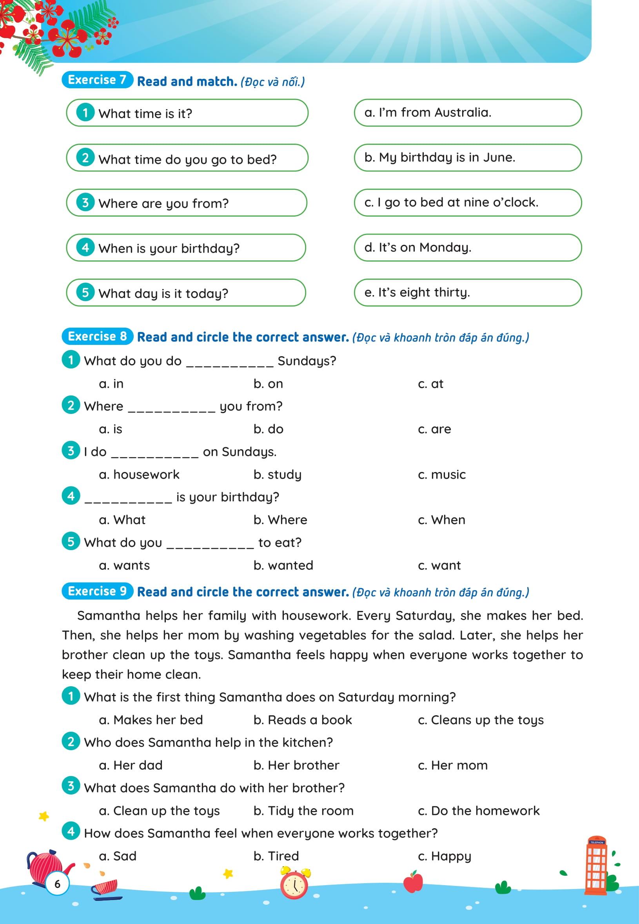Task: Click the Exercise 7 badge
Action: [x=97, y=80]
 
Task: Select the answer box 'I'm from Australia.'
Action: [x=467, y=113]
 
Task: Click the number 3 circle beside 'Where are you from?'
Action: [x=85, y=202]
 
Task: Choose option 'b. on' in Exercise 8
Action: [x=268, y=384]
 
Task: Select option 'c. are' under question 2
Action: [x=434, y=429]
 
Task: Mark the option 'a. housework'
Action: [x=139, y=474]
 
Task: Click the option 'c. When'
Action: [x=441, y=520]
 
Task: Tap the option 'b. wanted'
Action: [x=283, y=565]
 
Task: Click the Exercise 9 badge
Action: [x=97, y=591]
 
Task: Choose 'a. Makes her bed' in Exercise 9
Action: [x=151, y=720]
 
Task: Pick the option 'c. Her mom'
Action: [x=452, y=765]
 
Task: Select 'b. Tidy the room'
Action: [x=303, y=811]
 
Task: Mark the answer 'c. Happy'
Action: [x=445, y=856]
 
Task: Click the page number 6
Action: [x=57, y=884]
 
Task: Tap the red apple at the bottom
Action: [x=413, y=882]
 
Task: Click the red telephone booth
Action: [x=597, y=866]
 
